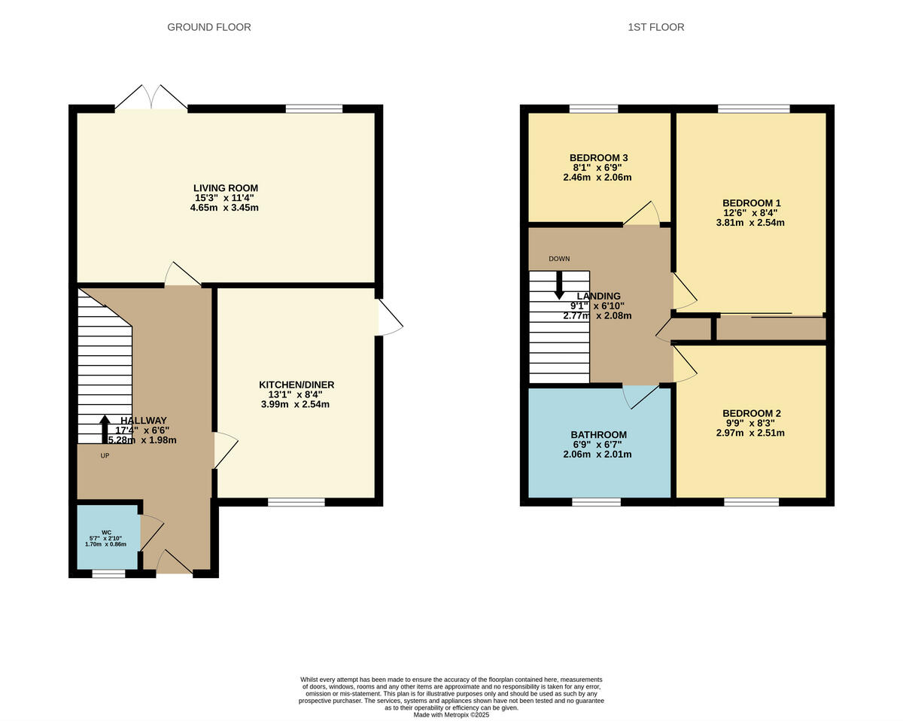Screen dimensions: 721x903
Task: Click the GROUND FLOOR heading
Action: pyautogui.click(x=208, y=27)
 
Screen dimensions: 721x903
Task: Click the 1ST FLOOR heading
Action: pyautogui.click(x=655, y=27)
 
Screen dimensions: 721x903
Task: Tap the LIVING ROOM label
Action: pyautogui.click(x=225, y=188)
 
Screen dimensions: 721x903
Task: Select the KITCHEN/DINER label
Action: pyautogui.click(x=296, y=385)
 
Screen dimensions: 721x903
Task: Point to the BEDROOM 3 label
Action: pyautogui.click(x=598, y=157)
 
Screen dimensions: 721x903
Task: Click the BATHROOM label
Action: pyautogui.click(x=598, y=435)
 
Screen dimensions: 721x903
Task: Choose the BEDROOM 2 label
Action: pyautogui.click(x=751, y=413)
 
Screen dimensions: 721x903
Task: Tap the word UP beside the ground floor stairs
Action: pyautogui.click(x=105, y=455)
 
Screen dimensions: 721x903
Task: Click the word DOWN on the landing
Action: pyautogui.click(x=559, y=259)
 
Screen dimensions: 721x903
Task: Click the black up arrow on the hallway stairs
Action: pyautogui.click(x=105, y=428)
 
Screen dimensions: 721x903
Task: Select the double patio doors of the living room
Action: pyautogui.click(x=151, y=99)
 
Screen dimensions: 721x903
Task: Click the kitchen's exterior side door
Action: pyautogui.click(x=389, y=318)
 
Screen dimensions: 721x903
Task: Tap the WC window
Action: pyautogui.click(x=108, y=574)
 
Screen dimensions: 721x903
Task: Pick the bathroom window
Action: pyautogui.click(x=596, y=502)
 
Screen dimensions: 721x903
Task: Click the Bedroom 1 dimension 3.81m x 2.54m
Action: pyautogui.click(x=751, y=223)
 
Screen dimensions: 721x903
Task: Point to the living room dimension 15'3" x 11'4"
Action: pyautogui.click(x=225, y=198)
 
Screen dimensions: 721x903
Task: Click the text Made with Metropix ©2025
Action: pyautogui.click(x=451, y=715)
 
